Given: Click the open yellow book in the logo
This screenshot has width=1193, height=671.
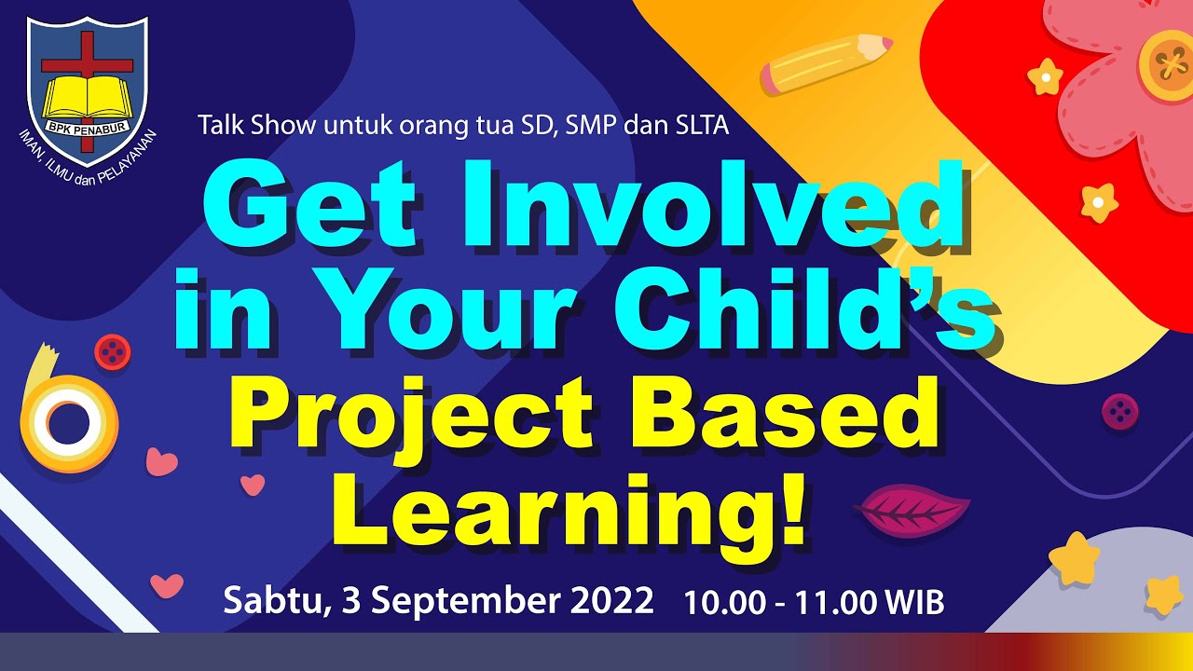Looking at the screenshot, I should (x=86, y=97).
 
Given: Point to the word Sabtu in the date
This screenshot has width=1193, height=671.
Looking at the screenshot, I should (x=270, y=600).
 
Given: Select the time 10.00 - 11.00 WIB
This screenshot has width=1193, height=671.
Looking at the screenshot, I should (x=814, y=603).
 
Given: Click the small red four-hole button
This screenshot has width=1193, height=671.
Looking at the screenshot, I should (x=113, y=350).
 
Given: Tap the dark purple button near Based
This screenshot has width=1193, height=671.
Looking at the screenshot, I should (x=1119, y=411).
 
